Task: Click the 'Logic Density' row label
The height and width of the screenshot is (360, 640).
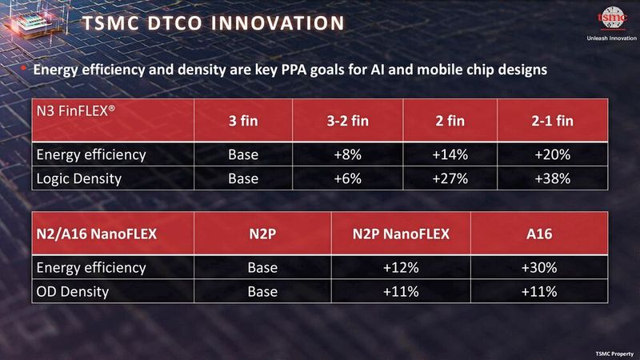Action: (x=79, y=179)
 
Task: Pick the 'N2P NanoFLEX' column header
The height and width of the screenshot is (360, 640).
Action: (x=401, y=234)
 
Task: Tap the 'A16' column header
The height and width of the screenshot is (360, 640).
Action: (x=538, y=234)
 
